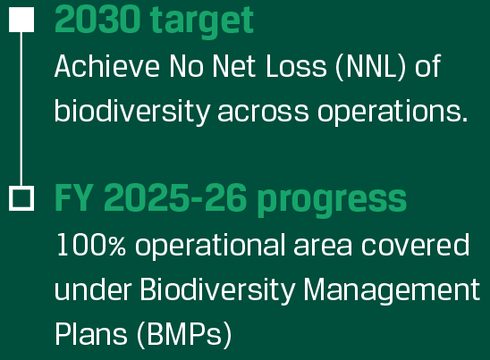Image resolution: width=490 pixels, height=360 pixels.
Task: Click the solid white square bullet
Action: (x=21, y=20)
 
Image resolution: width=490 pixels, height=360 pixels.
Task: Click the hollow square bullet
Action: (x=21, y=198)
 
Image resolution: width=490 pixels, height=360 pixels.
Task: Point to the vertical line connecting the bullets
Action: (x=21, y=109)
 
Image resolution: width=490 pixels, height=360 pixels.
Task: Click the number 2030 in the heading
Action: (x=97, y=20)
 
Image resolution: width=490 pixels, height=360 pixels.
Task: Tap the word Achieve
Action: (x=107, y=66)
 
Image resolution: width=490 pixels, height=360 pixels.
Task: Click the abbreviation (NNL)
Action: (x=370, y=66)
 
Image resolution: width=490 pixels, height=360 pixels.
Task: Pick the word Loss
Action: (x=296, y=66)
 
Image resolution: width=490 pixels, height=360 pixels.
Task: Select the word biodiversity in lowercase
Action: (x=132, y=111)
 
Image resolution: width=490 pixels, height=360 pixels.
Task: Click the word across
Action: (x=263, y=113)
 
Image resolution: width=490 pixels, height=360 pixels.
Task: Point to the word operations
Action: (x=393, y=112)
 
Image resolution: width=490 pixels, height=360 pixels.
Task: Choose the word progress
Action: (x=333, y=201)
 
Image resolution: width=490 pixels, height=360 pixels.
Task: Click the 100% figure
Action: (x=91, y=245)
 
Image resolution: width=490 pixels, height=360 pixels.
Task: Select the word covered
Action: (x=415, y=245)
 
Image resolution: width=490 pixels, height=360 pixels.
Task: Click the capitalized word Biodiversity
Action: (x=217, y=290)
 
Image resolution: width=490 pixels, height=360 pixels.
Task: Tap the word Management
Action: (x=392, y=290)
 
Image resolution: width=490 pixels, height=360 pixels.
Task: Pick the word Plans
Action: (x=91, y=334)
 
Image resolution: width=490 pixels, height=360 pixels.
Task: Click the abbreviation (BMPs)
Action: (x=184, y=335)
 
